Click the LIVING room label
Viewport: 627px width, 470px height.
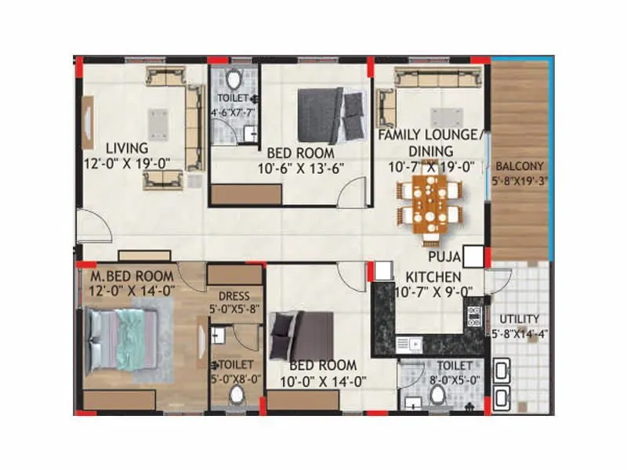pos(128,147)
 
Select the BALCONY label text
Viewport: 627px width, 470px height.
pos(518,166)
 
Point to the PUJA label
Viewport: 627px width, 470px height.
pos(444,255)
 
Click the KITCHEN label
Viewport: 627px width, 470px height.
pos(433,277)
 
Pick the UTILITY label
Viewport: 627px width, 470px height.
pos(515,319)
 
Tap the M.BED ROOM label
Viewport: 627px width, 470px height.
pos(132,277)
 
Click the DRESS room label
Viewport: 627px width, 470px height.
pos(234,296)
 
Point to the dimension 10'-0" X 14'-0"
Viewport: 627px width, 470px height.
pos(322,381)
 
